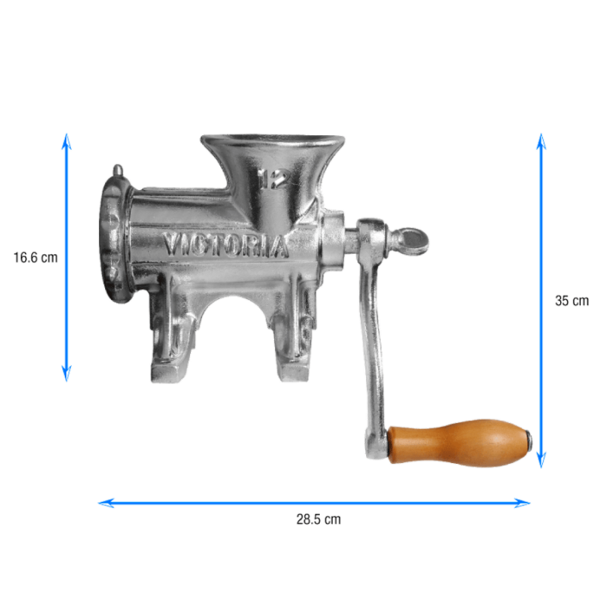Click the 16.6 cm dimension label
(36, 258)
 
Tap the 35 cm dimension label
(571, 301)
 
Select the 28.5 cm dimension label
(318, 519)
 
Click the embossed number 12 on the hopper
(274, 179)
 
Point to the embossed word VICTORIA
(225, 245)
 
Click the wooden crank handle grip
(459, 443)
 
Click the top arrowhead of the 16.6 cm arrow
(67, 140)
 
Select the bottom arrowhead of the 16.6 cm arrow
(67, 375)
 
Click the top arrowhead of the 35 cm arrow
(541, 141)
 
